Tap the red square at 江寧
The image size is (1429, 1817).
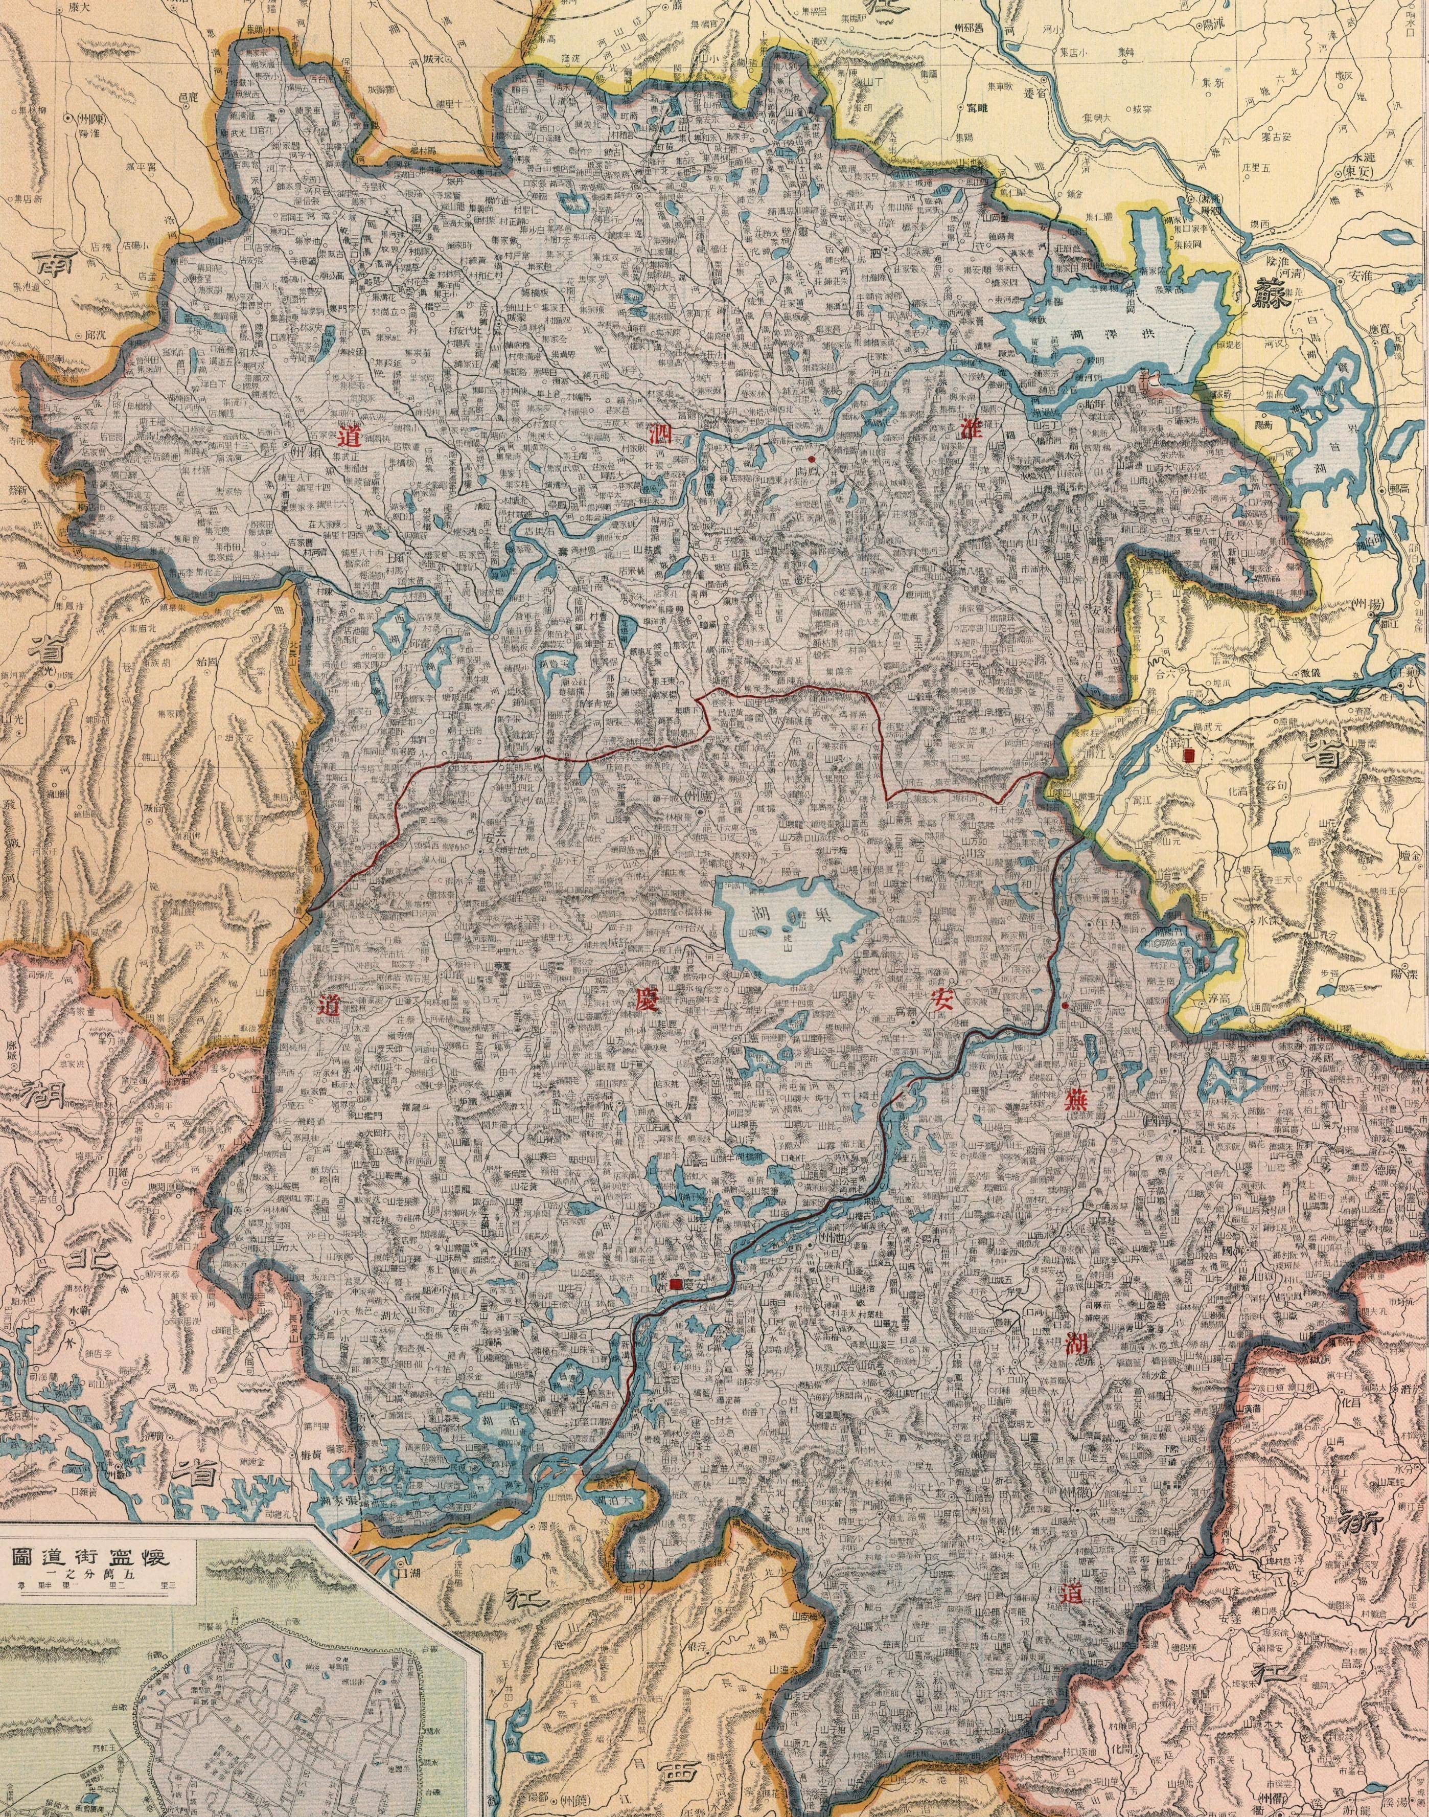point(1189,755)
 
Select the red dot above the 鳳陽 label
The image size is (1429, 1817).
point(811,459)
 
